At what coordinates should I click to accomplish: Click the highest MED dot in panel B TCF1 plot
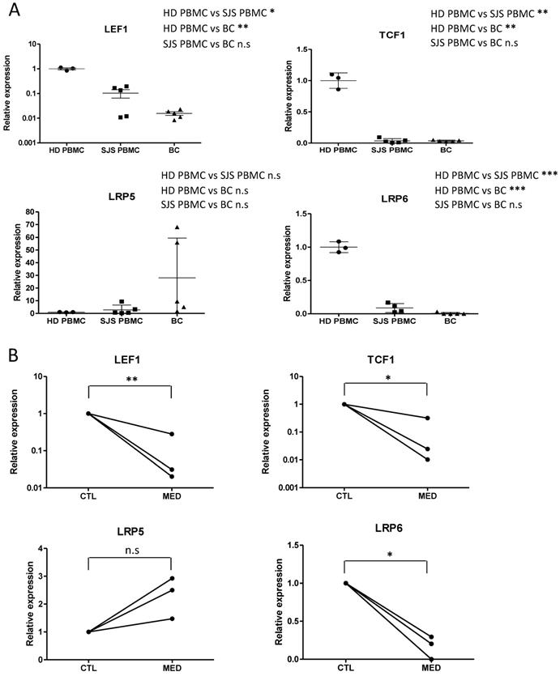426,418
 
